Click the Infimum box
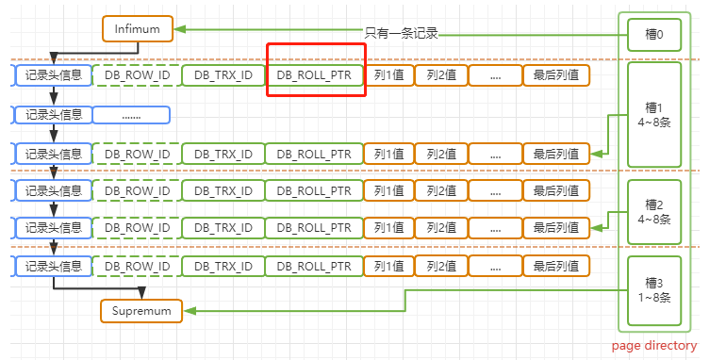pyautogui.click(x=138, y=29)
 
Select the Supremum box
pyautogui.click(x=142, y=310)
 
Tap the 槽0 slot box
pyautogui.click(x=653, y=36)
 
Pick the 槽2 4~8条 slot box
pyautogui.click(x=653, y=211)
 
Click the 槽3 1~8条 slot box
pyautogui.click(x=653, y=288)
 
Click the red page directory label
pyautogui.click(x=653, y=346)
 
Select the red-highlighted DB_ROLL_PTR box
pyautogui.click(x=316, y=74)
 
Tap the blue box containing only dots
pyautogui.click(x=131, y=115)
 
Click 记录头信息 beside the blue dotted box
pyautogui.click(x=54, y=115)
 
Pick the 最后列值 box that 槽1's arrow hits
pyautogui.click(x=556, y=153)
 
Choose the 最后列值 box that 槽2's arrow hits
pyautogui.click(x=556, y=228)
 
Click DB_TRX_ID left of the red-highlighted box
pyautogui.click(x=223, y=74)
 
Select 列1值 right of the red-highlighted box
pyautogui.click(x=388, y=74)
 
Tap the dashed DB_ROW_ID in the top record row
pyautogui.click(x=137, y=74)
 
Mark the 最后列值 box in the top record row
pyautogui.click(x=556, y=74)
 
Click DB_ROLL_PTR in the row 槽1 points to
pyautogui.click(x=314, y=153)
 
